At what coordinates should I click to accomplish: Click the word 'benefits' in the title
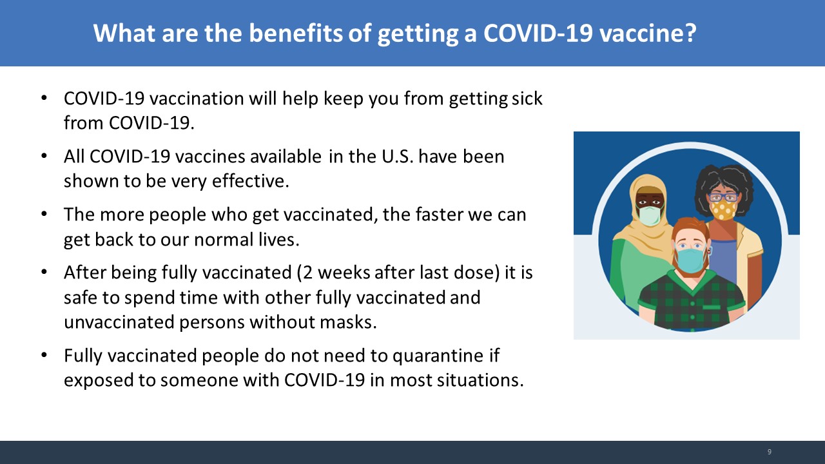296,33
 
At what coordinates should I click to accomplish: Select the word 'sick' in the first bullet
527,99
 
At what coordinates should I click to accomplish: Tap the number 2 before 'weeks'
308,273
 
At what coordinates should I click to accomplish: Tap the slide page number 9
770,452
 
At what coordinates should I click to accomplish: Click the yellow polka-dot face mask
723,209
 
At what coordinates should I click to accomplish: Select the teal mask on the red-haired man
690,260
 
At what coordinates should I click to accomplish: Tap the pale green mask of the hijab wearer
649,215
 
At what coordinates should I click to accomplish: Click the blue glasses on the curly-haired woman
723,197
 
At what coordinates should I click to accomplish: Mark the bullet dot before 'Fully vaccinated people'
44,355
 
